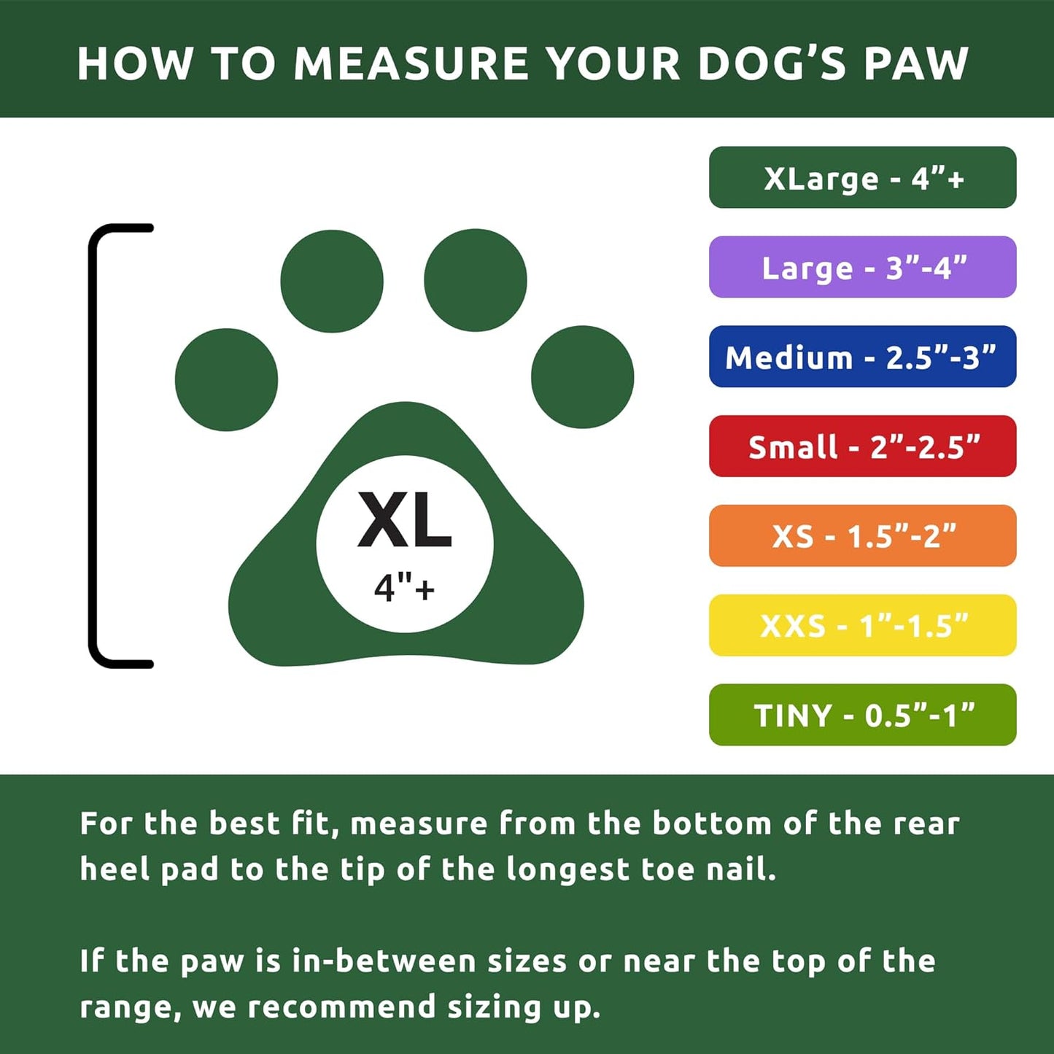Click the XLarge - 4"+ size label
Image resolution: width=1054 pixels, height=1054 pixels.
pyautogui.click(x=862, y=178)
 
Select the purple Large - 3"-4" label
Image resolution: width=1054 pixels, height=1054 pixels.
pyautogui.click(x=862, y=268)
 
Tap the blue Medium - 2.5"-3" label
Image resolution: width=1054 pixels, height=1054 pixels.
pyautogui.click(x=862, y=357)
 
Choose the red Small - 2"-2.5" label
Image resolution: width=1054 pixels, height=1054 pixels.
pyautogui.click(x=862, y=446)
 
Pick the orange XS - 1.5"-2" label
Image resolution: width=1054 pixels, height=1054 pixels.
pyautogui.click(x=862, y=536)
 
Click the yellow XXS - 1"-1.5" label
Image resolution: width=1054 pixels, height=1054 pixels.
pyautogui.click(x=862, y=626)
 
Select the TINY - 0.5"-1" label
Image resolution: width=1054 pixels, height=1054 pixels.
pyautogui.click(x=862, y=715)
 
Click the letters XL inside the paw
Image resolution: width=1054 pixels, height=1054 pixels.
pyautogui.click(x=405, y=521)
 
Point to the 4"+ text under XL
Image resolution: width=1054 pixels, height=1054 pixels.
pyautogui.click(x=404, y=586)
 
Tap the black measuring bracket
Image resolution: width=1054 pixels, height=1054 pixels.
pyautogui.click(x=93, y=445)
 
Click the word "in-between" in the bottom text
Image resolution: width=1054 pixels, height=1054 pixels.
pyautogui.click(x=384, y=961)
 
